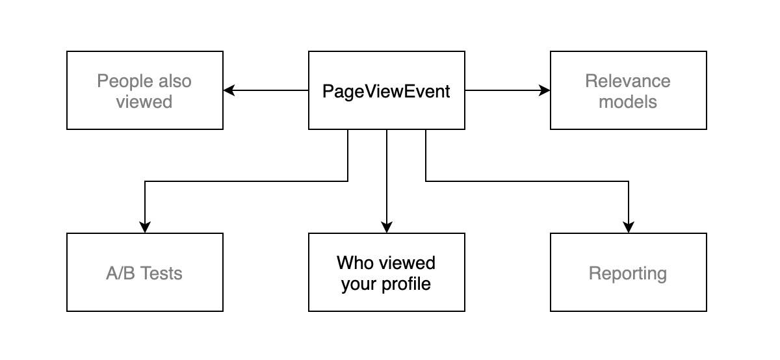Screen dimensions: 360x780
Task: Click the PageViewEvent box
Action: coord(386,90)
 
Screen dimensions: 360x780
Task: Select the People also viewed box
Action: coord(145,90)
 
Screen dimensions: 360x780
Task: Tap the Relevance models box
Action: coord(628,90)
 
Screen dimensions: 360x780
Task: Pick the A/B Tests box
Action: coord(145,272)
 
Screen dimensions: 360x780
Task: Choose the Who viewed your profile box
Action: coord(386,272)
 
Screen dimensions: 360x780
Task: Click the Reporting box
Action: coord(628,272)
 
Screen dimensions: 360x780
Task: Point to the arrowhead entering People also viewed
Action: coord(229,90)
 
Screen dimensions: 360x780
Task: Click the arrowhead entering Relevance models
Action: coord(545,90)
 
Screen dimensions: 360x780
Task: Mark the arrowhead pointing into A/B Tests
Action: coord(145,227)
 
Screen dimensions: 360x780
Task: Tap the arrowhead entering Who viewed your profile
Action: coord(386,227)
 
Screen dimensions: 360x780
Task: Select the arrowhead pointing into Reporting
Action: coord(629,227)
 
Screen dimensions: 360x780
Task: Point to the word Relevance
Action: coord(627,81)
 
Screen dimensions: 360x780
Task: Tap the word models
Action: coord(627,102)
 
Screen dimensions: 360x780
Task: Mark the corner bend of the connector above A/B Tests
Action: coord(145,181)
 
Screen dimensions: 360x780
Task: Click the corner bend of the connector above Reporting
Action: coord(629,181)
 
